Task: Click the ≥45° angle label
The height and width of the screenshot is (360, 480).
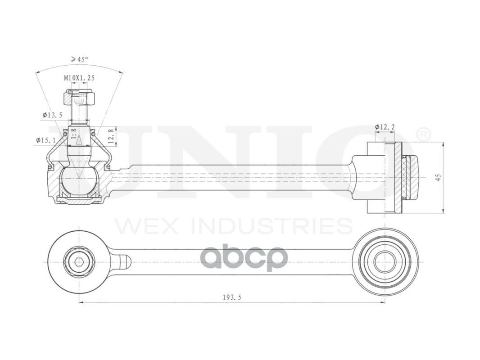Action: (x=79, y=59)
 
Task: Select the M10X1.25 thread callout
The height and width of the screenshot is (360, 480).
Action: (x=79, y=78)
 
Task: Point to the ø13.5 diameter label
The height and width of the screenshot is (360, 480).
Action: (x=52, y=115)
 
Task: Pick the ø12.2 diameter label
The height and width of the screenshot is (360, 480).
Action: (x=385, y=127)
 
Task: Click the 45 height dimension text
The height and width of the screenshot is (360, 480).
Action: (x=438, y=177)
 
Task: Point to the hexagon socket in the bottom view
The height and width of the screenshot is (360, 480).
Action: (x=79, y=262)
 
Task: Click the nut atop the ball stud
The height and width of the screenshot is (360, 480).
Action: (x=79, y=96)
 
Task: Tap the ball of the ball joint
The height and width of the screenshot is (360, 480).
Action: (x=79, y=181)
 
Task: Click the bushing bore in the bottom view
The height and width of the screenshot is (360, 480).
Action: (x=385, y=262)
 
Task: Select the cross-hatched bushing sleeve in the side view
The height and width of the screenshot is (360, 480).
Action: (x=398, y=178)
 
